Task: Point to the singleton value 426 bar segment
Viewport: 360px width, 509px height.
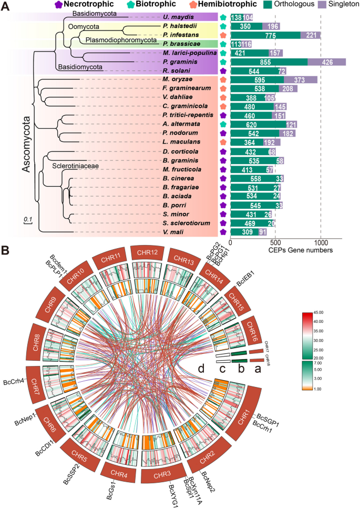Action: pos(326,62)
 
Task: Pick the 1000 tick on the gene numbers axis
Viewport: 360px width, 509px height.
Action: pos(320,243)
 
